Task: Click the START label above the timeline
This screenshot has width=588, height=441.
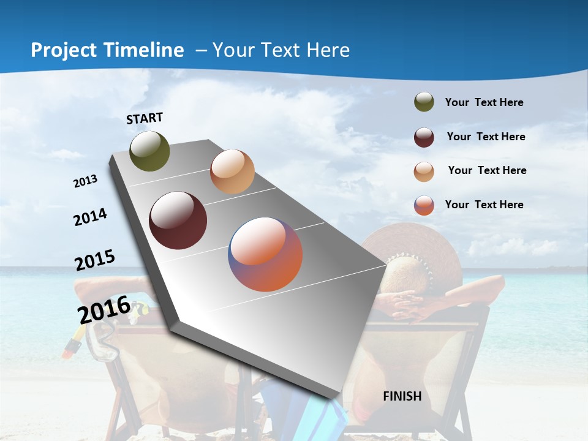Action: click(145, 118)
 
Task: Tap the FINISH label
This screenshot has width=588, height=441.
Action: click(402, 396)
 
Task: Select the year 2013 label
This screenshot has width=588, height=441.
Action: click(86, 181)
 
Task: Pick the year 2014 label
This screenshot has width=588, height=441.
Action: click(91, 217)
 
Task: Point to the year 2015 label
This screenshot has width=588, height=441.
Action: click(95, 260)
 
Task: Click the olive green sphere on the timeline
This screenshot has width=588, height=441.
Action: click(149, 151)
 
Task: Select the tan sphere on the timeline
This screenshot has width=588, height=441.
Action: click(232, 171)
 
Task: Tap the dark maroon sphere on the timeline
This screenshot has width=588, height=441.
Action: click(178, 221)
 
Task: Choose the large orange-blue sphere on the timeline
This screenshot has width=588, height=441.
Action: click(265, 254)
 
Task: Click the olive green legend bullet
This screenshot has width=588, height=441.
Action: click(424, 102)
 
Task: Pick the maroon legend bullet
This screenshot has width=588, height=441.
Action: click(424, 137)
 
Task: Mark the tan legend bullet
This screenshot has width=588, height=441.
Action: click(424, 171)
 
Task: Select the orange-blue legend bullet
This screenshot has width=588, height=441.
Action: click(424, 205)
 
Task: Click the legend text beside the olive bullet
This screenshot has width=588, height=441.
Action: click(484, 103)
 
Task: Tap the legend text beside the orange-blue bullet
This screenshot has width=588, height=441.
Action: click(484, 205)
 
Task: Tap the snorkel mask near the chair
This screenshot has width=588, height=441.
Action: click(99, 337)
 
